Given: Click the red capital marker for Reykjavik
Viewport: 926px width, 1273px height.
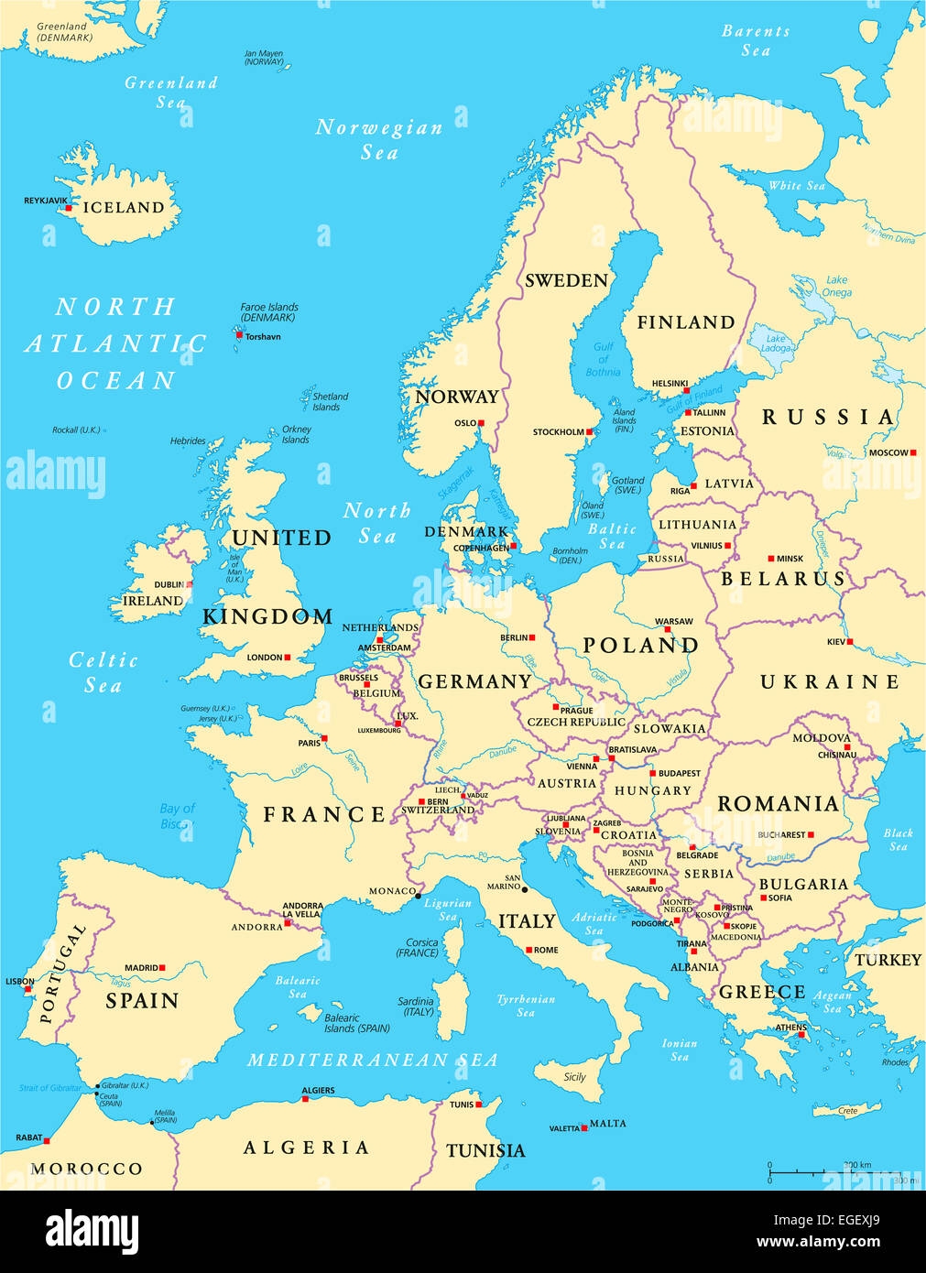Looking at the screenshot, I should (68, 209).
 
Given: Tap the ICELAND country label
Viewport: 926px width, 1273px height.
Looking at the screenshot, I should (124, 208).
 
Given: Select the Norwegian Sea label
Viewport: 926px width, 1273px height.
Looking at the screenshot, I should (378, 139).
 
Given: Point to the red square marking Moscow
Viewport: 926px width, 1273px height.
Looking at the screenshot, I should (914, 452).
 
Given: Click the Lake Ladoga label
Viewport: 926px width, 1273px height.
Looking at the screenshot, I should (776, 343).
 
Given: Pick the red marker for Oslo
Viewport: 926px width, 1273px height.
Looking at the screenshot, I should (481, 423).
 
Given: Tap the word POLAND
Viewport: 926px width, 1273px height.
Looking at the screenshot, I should (640, 645).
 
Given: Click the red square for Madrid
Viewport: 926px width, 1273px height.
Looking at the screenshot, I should (162, 967).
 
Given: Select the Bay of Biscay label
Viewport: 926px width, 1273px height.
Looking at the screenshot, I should (178, 816).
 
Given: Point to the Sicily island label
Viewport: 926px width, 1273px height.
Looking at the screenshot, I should (574, 1077).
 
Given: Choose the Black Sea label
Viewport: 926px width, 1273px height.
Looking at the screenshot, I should (898, 839).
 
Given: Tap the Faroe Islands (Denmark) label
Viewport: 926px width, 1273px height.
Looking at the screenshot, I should (268, 312).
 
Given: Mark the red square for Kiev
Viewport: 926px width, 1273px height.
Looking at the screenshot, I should (850, 642).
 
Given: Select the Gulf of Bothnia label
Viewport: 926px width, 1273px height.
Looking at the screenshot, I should (603, 359).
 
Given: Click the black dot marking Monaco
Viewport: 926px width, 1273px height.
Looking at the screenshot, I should (419, 895).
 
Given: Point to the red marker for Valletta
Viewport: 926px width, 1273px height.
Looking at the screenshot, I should (585, 1128).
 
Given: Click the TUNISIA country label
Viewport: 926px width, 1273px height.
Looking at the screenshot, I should (485, 1150).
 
